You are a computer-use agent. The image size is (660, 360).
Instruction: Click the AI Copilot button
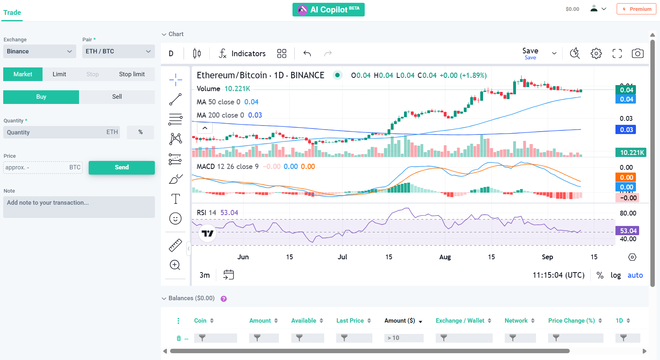click(x=328, y=10)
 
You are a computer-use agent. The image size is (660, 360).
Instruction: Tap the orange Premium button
click(x=636, y=9)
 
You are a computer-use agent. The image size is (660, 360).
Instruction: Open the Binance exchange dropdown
click(x=40, y=51)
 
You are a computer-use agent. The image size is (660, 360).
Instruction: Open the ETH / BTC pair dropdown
click(x=118, y=51)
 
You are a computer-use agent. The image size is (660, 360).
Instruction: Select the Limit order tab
click(x=59, y=74)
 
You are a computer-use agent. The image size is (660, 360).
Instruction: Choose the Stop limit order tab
click(x=132, y=74)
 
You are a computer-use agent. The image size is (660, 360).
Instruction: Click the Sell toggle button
click(x=117, y=97)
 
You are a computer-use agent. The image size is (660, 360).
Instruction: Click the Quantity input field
click(x=61, y=132)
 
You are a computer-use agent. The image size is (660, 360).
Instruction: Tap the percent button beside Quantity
click(x=140, y=132)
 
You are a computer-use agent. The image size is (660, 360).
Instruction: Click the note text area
click(x=79, y=207)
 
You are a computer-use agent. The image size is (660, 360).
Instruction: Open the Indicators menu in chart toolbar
click(x=242, y=54)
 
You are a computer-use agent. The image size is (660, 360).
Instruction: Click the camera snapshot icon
click(x=638, y=54)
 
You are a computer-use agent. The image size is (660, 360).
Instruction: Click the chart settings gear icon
click(x=596, y=54)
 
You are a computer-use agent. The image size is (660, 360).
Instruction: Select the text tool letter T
click(x=176, y=199)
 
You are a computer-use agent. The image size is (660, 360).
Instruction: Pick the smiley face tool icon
click(x=175, y=218)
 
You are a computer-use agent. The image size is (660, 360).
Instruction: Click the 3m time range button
click(x=205, y=275)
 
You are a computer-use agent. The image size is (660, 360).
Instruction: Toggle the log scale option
click(x=615, y=275)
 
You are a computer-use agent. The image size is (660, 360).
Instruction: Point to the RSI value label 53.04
click(x=229, y=213)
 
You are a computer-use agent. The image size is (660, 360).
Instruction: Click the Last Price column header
click(x=350, y=321)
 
